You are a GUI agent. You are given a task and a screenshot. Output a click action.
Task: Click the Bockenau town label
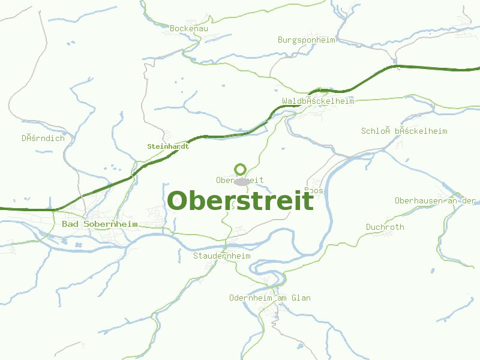point(188,28)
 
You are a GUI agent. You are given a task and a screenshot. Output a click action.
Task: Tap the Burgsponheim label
point(306,40)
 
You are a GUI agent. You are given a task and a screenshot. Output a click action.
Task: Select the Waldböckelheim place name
point(318,101)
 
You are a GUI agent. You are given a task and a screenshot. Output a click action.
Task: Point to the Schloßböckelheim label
point(404,131)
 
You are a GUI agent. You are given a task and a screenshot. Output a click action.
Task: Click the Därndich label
point(43,138)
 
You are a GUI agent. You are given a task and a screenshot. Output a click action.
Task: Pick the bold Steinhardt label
point(168,146)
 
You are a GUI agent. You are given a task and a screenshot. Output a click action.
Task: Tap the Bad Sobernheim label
point(100,224)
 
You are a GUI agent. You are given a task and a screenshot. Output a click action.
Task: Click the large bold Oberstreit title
point(240,200)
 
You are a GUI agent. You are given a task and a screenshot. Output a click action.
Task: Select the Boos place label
point(314,191)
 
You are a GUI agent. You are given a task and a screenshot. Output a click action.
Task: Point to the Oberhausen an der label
point(435,200)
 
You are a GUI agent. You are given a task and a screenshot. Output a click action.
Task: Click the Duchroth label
point(385,227)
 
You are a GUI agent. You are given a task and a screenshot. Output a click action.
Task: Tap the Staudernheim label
point(221,256)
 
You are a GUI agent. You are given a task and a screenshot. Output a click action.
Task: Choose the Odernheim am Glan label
point(270,298)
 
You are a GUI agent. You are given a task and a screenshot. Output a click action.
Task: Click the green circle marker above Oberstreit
point(241,169)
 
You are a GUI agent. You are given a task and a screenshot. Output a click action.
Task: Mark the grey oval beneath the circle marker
point(241,181)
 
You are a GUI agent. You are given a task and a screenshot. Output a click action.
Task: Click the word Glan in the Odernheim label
point(301,298)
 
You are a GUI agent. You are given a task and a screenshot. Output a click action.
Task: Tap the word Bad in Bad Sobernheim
point(69,224)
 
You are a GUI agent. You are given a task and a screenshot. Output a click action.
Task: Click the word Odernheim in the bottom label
point(251,298)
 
